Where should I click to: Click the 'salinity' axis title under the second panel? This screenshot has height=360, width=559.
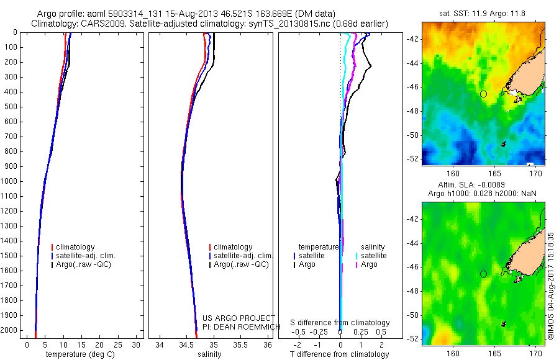coord(209,354)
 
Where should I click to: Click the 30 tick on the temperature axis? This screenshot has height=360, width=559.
coord(137,344)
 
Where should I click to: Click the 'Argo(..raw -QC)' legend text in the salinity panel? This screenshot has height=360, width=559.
coord(241,264)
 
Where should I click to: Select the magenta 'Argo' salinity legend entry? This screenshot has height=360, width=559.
coord(368,264)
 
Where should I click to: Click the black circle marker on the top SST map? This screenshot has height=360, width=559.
coord(483,94)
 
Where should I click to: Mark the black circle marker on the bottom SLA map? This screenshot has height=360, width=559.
coord(483,274)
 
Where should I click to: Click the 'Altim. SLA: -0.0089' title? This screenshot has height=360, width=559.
coord(483,186)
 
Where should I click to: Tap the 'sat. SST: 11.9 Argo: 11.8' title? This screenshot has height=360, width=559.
coord(483,14)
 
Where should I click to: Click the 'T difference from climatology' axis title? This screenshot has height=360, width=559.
coord(340,354)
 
